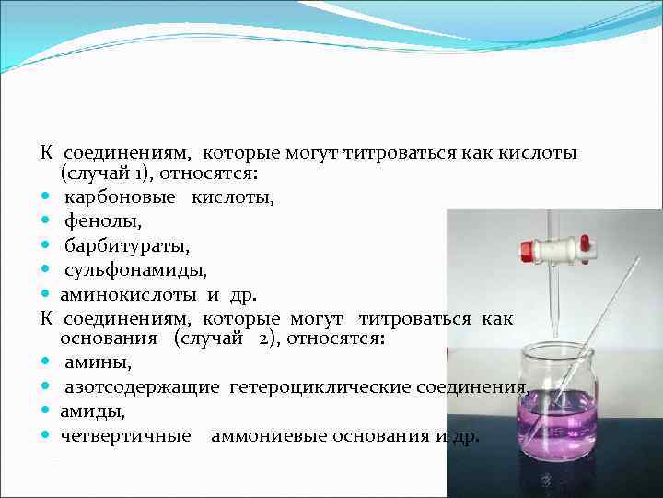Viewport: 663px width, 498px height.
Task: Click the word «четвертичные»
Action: (126, 436)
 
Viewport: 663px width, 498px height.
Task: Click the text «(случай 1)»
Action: (100, 173)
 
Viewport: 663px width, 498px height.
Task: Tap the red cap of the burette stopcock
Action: (528, 248)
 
